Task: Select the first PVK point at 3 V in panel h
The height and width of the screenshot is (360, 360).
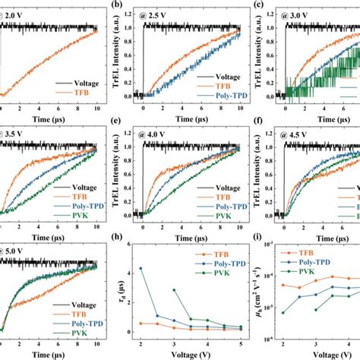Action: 175,290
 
